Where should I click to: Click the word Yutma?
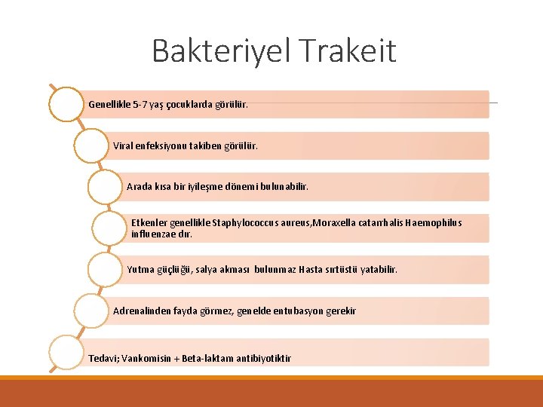pyautogui.click(x=141, y=269)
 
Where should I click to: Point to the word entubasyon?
pyautogui.click(x=297, y=311)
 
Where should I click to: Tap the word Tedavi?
pyautogui.click(x=102, y=359)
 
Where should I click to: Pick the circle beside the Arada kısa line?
pyautogui.click(x=104, y=186)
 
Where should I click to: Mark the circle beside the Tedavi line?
pyautogui.click(x=66, y=352)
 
